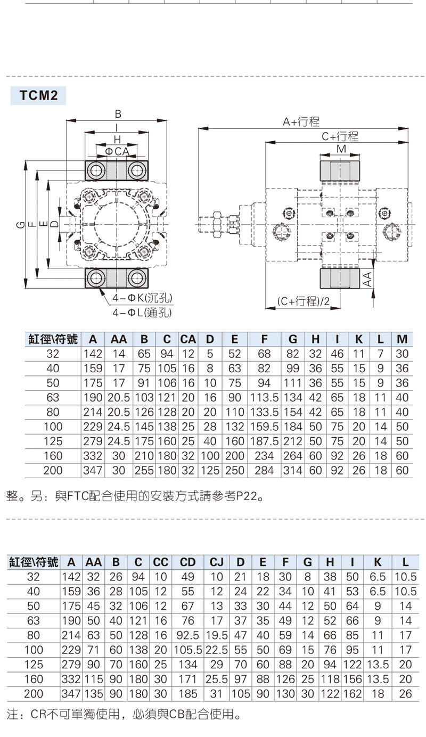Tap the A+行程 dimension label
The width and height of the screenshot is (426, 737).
click(x=301, y=122)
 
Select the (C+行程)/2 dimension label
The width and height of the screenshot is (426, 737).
click(x=304, y=302)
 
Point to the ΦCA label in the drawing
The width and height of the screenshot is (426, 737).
click(x=117, y=152)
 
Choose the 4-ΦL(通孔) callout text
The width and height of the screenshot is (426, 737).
click(x=142, y=313)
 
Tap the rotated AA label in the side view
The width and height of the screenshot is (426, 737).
click(x=367, y=279)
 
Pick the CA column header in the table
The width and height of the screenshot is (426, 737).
click(x=188, y=339)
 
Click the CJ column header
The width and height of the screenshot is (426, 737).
click(x=216, y=562)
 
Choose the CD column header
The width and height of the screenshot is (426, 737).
click(x=187, y=562)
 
